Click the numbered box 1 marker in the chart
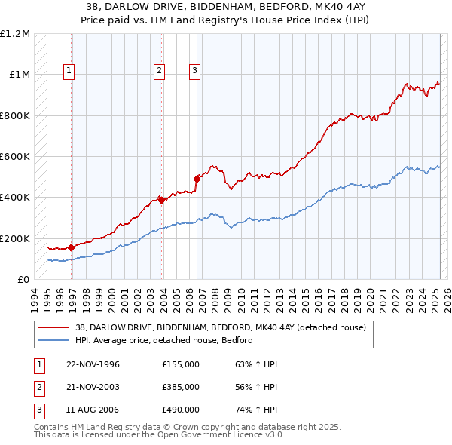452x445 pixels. coord(69,71)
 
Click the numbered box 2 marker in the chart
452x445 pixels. coord(160,71)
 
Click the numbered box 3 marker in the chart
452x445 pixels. coord(194,71)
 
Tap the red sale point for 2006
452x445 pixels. coord(197,179)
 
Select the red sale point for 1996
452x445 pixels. coord(72,247)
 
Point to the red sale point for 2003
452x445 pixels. coord(162,200)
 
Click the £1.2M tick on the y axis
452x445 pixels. coord(15,34)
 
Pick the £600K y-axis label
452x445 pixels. coord(15,157)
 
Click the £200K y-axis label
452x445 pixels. coord(15,238)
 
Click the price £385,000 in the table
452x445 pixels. coord(181,387)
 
